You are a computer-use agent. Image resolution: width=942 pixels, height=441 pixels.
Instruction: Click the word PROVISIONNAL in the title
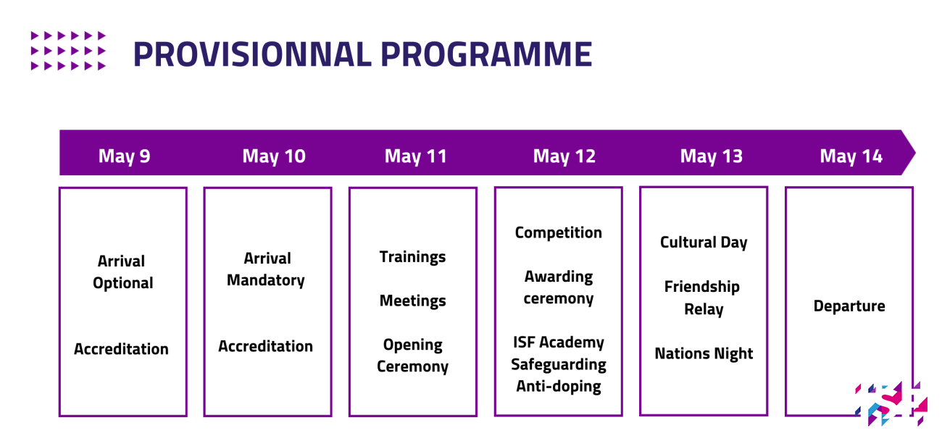coord(252,54)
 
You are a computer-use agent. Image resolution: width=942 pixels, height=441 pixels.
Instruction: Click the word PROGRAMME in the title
coord(486,54)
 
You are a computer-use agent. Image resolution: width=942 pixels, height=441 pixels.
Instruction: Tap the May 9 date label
coord(124,156)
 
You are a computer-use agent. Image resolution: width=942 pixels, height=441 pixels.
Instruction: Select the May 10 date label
coord(274,156)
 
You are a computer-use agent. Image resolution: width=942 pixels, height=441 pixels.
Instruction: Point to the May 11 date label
coord(415,156)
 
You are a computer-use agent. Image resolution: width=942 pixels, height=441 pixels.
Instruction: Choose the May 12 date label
coord(564,156)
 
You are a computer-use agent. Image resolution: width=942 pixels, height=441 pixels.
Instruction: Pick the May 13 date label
coord(712,156)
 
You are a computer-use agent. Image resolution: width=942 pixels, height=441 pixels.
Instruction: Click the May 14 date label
coord(851,156)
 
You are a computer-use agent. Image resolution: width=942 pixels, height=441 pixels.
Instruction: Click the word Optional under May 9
coord(122,283)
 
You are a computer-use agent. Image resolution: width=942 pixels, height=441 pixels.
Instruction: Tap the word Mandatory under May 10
coord(266,280)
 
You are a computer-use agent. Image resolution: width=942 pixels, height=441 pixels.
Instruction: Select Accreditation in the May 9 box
coord(121,349)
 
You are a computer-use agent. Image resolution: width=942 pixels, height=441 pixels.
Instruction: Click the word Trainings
coord(412,257)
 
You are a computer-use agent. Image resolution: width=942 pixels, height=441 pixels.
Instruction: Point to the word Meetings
coord(412,301)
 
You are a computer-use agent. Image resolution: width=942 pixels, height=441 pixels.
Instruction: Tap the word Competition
coord(559,233)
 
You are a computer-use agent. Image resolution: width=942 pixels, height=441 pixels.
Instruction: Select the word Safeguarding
coord(559,364)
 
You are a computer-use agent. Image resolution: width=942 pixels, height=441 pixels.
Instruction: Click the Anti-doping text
coord(559,387)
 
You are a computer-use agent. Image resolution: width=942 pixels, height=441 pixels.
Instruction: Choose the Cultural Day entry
coord(704,243)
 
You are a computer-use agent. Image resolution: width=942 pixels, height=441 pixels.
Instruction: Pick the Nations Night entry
coord(704,354)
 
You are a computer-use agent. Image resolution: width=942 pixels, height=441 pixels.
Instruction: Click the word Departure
coord(849,306)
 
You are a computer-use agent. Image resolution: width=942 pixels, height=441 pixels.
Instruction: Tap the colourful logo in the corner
coord(891,403)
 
